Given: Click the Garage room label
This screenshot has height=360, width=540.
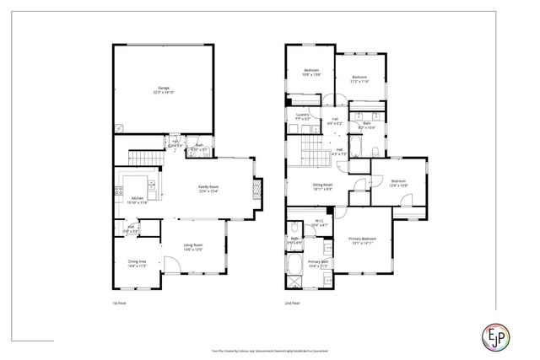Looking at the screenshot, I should pos(164,89).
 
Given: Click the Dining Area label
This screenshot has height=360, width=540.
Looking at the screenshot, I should pos(138,262).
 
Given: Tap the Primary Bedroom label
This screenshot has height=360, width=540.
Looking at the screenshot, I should pos(363,240).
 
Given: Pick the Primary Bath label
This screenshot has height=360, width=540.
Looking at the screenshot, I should pos(318,264).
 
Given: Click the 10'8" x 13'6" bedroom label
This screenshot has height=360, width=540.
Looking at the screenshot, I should pos(313,73).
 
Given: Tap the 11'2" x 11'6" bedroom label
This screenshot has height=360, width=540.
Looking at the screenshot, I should pos(359,78).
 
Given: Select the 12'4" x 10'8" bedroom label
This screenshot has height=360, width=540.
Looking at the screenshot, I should pos(398,183).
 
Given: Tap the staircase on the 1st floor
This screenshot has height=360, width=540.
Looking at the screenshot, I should pos(144,158).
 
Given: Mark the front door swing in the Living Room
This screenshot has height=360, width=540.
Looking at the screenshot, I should pos(169,269).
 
